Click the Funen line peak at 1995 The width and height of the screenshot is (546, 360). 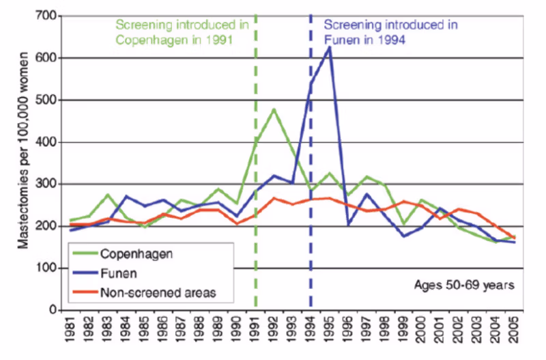(x=330, y=47)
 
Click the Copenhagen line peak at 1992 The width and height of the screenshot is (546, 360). (x=274, y=109)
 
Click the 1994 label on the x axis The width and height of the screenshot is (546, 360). (x=311, y=335)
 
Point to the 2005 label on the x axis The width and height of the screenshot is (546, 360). (x=514, y=335)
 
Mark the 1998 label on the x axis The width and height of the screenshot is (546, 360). (x=385, y=335)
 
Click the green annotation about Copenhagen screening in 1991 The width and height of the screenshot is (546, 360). (x=182, y=32)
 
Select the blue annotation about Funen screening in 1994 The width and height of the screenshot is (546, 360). (x=389, y=32)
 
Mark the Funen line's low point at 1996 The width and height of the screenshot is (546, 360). (x=349, y=223)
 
